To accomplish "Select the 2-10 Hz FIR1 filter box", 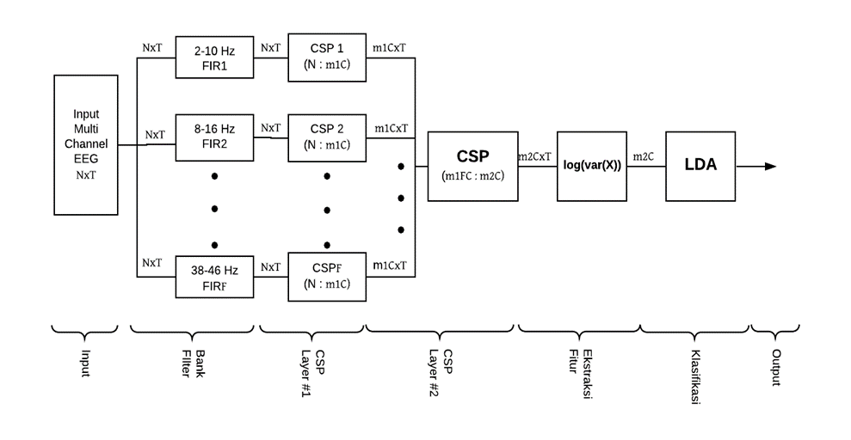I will [x=215, y=58].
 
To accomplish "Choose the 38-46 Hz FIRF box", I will [x=215, y=277].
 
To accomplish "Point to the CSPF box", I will [x=326, y=276].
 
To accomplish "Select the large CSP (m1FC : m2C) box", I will [x=472, y=166].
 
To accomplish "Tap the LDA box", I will [x=700, y=166].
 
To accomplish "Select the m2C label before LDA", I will [x=643, y=156].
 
